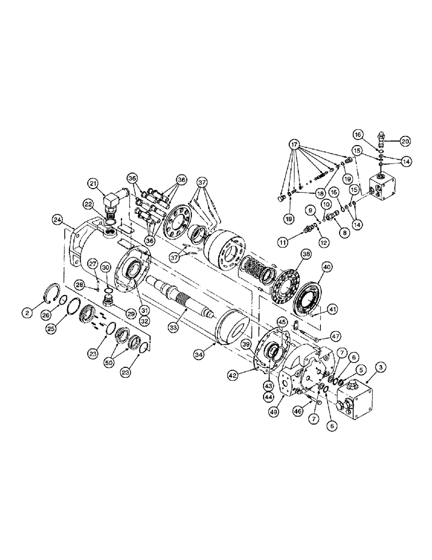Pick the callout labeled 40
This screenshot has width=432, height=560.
pos(327,268)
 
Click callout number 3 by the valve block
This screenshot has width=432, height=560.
pos(381,367)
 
